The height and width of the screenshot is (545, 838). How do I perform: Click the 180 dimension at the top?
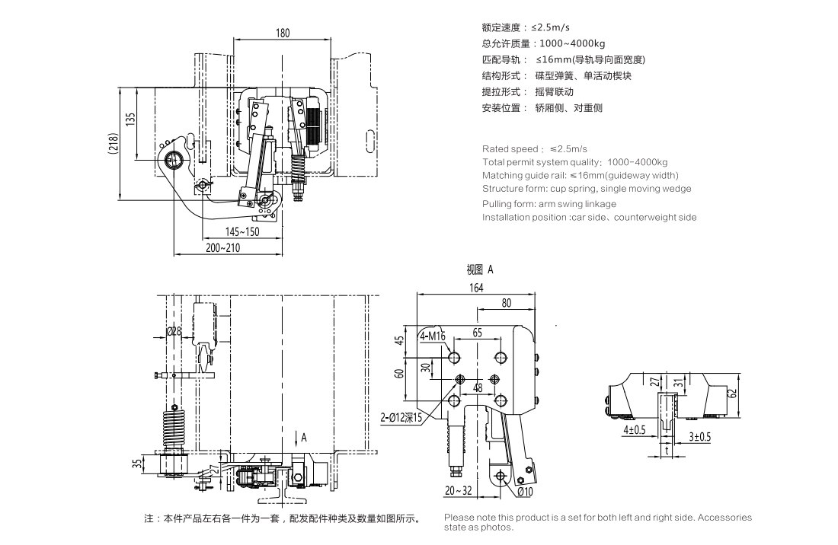point(283,33)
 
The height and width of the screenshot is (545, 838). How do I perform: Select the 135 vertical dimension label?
point(131,122)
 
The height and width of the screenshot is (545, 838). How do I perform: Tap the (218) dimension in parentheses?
point(113,144)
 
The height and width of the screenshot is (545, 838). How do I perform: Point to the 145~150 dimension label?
point(242,231)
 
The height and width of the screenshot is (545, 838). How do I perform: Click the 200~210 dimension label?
point(222,248)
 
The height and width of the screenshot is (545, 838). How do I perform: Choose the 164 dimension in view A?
point(477,288)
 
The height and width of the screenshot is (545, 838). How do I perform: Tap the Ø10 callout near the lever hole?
point(524,492)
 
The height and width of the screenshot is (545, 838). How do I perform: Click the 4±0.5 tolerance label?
point(634,430)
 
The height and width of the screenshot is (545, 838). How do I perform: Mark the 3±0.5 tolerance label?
point(699,436)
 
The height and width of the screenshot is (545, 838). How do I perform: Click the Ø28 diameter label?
point(174,332)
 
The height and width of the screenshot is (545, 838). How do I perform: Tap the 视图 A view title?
point(480,269)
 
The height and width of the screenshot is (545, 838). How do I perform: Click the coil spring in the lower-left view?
point(174,429)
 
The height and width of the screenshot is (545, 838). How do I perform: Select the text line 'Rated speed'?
point(535,148)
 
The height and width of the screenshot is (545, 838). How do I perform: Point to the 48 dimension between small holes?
point(478,387)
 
